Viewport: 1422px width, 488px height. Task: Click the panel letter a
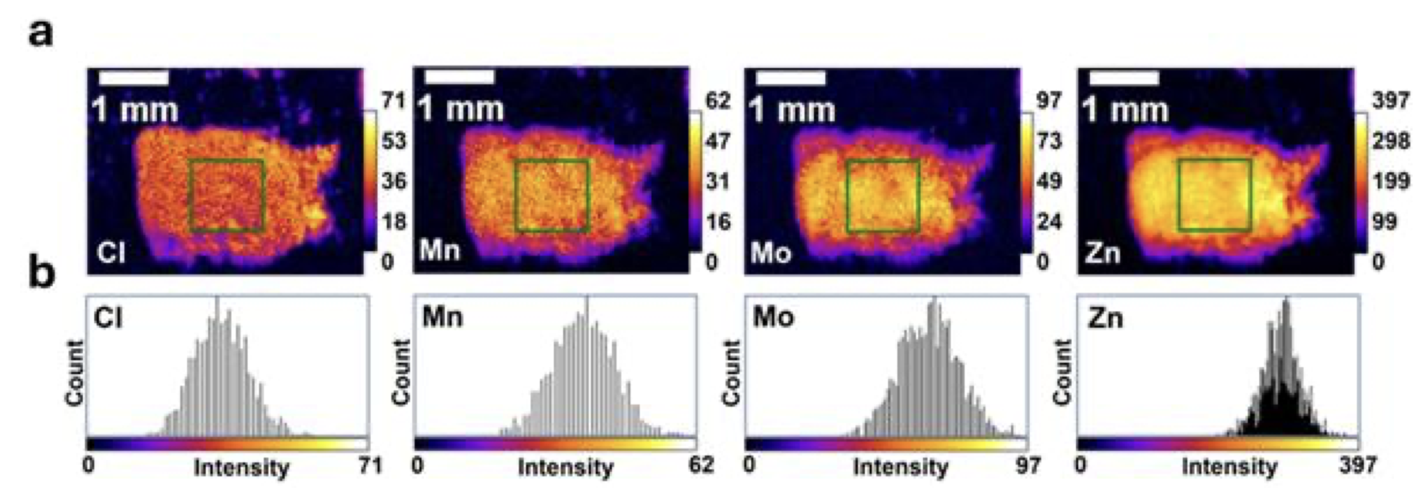(42, 34)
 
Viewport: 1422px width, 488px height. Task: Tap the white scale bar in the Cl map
(133, 78)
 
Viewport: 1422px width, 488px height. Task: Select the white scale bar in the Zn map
(1124, 78)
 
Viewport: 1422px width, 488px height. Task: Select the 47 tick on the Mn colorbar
(718, 141)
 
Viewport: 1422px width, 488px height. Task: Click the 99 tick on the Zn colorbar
(1385, 222)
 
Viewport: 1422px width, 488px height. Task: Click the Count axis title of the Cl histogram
(75, 373)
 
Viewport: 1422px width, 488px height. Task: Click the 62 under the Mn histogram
(701, 465)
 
